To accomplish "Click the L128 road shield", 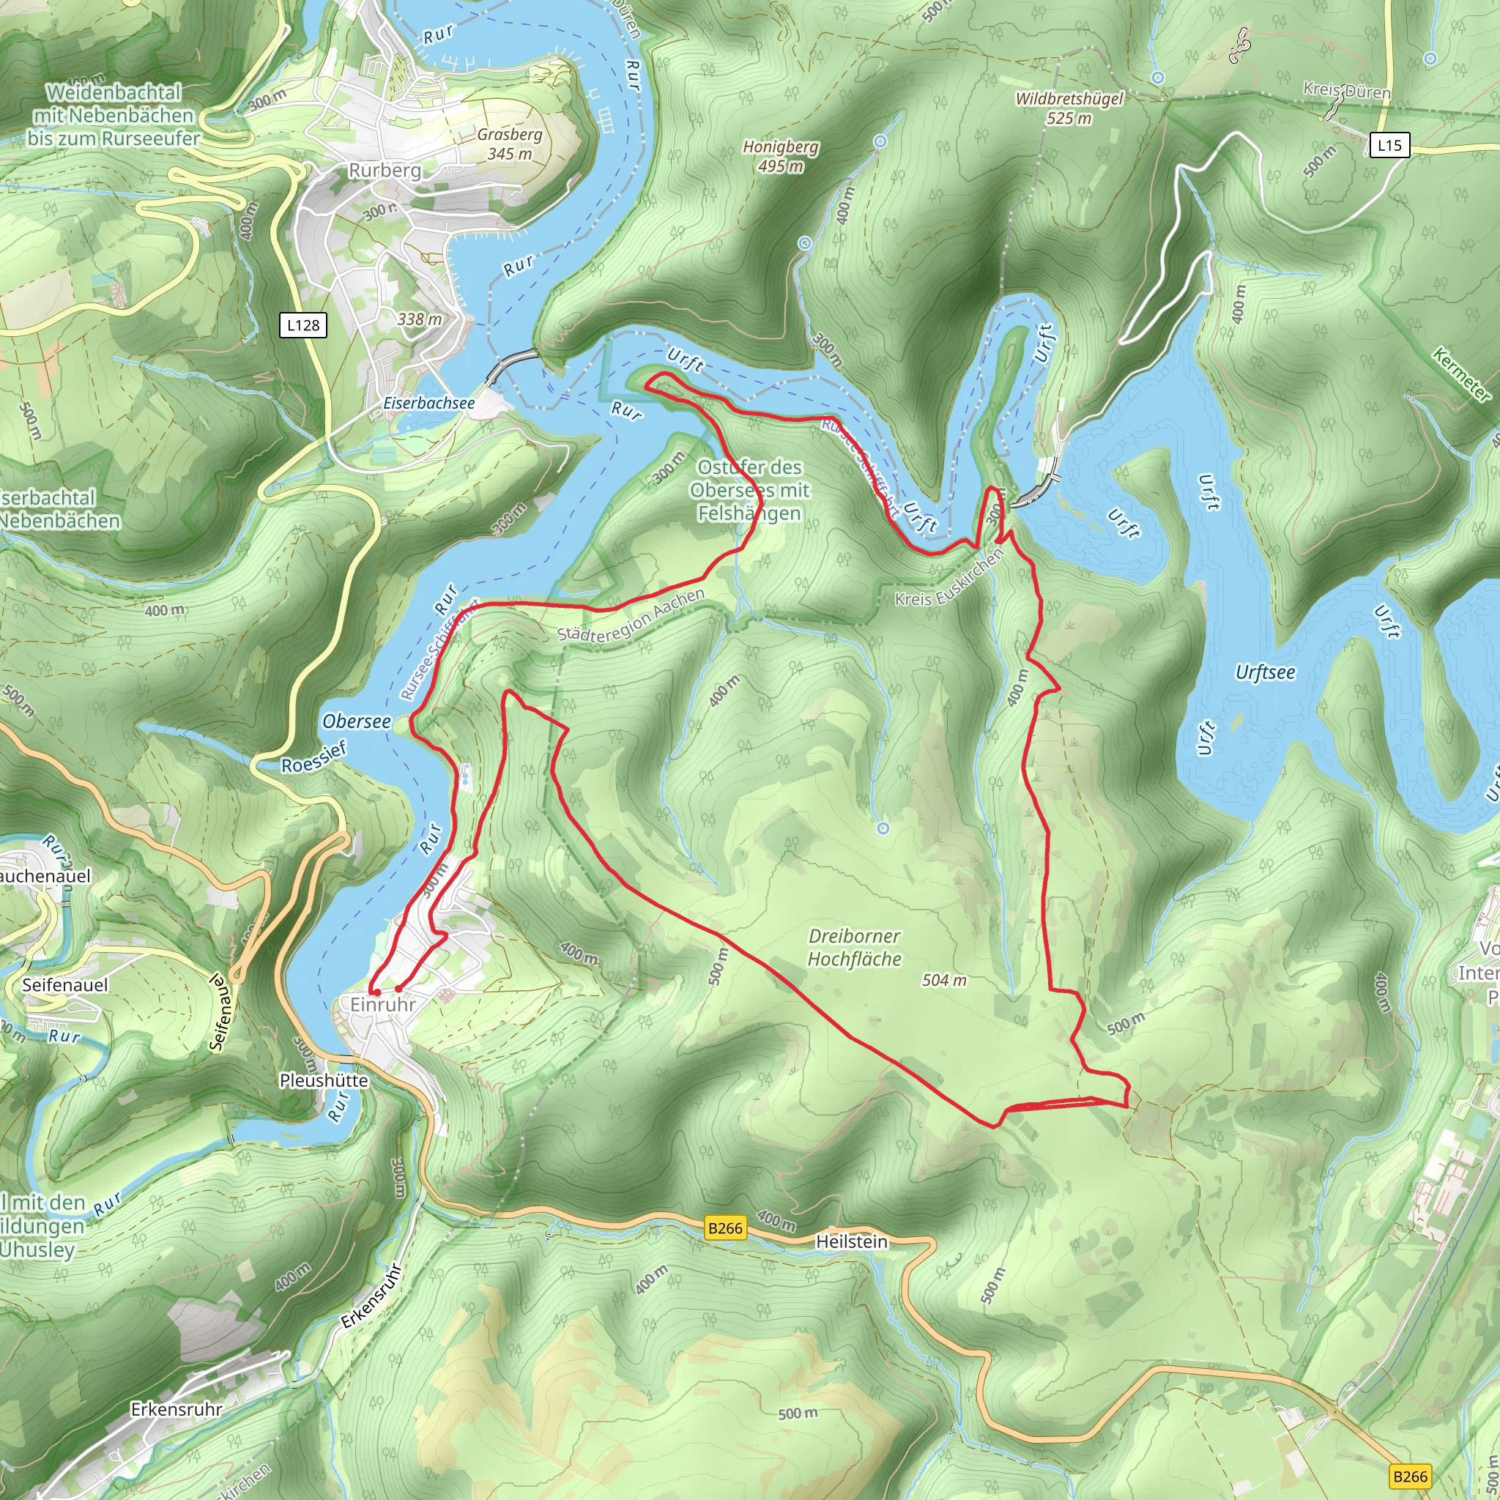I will coord(302,324).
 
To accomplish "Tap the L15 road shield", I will coord(1389,144).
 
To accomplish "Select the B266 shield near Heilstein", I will coord(725,1228).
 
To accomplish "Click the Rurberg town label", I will coord(385,170).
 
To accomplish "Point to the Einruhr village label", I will coord(383,1004).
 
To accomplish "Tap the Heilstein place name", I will coord(851,1241).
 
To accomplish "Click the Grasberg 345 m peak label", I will coord(509,144).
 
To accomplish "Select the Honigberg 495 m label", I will coord(780,156).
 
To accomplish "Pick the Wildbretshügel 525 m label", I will coord(1069,108).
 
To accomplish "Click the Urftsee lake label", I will coord(1265,672).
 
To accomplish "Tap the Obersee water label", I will coord(357,721).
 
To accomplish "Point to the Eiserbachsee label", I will coord(428,403).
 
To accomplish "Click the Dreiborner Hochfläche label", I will coord(854,947).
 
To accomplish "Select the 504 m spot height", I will coord(944,980).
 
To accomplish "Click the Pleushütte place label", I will coord(324,1080).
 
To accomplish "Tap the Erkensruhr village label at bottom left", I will coord(177,1408).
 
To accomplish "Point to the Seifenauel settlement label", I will coord(65,984).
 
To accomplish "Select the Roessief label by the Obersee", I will coord(313,757).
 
